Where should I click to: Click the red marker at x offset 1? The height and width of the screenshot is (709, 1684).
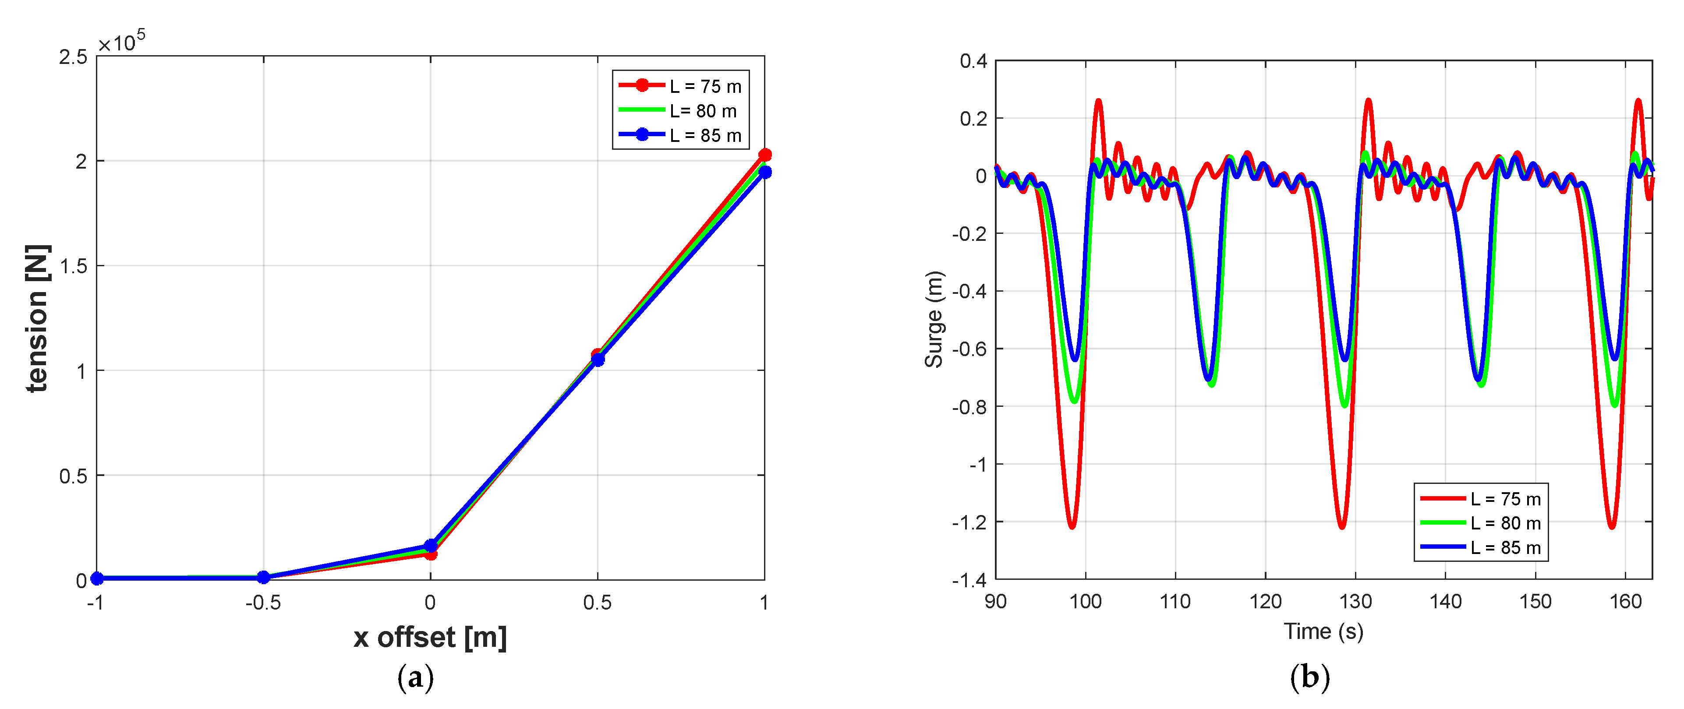click(x=764, y=155)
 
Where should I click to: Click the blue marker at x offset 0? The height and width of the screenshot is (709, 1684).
click(x=430, y=545)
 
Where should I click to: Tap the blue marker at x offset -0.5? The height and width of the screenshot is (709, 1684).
click(x=263, y=577)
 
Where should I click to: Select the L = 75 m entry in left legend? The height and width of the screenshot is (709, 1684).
click(x=705, y=86)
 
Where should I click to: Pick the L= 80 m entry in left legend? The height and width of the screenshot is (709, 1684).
click(x=703, y=111)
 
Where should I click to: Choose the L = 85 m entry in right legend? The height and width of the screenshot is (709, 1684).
click(x=1505, y=547)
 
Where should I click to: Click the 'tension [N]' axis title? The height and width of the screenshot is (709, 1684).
click(x=37, y=318)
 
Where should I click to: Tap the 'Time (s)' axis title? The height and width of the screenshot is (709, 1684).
click(x=1323, y=631)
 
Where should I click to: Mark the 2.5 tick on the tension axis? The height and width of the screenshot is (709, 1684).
click(x=73, y=57)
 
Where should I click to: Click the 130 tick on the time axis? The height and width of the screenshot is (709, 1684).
click(x=1355, y=601)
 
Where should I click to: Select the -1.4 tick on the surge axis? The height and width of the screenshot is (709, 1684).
click(x=969, y=580)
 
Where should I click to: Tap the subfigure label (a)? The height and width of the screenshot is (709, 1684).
click(x=415, y=677)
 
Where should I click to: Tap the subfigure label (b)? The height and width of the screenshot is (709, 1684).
click(x=1309, y=677)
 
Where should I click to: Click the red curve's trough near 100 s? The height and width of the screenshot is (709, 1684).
click(x=1072, y=526)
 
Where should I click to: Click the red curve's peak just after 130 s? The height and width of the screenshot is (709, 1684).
click(x=1368, y=101)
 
